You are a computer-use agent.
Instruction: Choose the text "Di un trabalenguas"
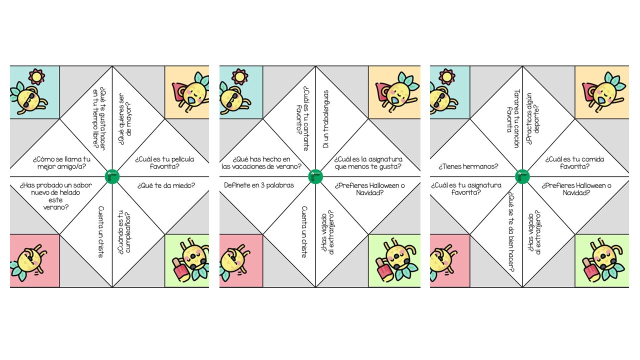(326, 119)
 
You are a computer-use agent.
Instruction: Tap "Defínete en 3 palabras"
(258, 185)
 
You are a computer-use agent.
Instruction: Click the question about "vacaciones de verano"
(261, 162)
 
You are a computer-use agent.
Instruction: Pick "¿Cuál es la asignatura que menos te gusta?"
(370, 162)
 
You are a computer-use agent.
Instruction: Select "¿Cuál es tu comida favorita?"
(574, 162)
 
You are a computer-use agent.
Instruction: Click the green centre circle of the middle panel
(315, 176)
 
